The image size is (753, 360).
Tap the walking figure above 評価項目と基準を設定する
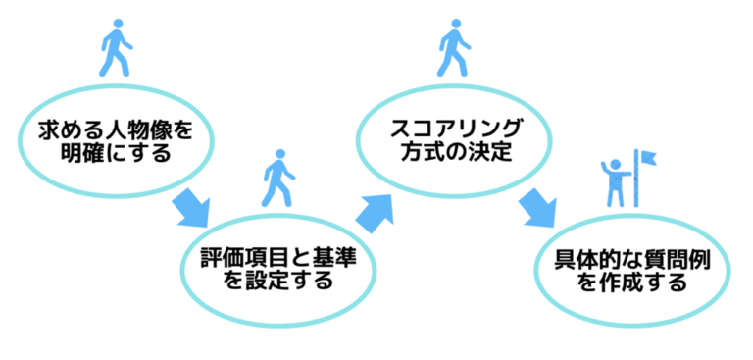277,179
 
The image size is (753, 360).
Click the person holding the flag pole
616,183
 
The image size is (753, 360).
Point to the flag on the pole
648,157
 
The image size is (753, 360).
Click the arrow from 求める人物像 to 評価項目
192,209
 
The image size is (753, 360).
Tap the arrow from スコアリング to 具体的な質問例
538,209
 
